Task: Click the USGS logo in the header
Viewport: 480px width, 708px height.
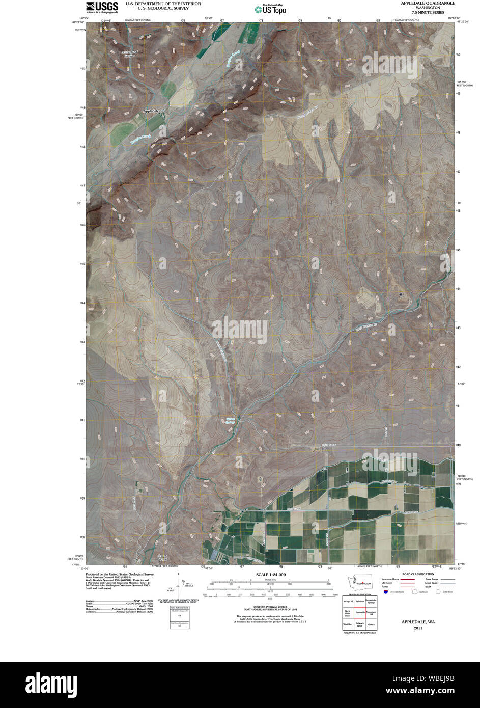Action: (102, 7)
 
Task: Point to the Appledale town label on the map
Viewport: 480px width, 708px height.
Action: (151, 111)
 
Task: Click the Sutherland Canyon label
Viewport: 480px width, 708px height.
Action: (128, 53)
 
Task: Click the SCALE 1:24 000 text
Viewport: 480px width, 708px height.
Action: (271, 575)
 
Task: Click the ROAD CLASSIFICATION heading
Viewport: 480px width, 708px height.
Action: (418, 574)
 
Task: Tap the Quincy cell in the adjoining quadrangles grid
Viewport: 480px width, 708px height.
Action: (371, 624)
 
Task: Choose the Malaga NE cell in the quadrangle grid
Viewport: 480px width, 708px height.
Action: (348, 601)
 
